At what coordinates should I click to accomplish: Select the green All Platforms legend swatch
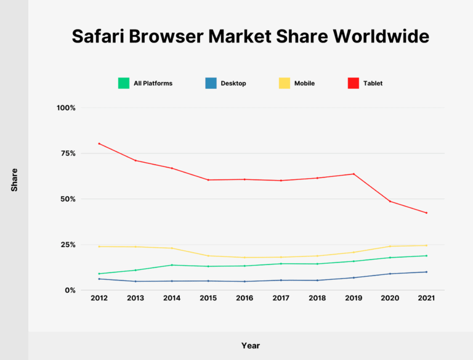pos(124,83)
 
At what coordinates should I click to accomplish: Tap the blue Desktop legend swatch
pos(211,83)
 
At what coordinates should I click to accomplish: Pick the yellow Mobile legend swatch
pos(285,83)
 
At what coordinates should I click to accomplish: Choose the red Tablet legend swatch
pos(354,83)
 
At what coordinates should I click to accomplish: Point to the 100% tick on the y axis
pos(66,108)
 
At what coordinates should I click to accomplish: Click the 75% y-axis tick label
pos(68,153)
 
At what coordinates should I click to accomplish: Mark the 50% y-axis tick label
pos(68,199)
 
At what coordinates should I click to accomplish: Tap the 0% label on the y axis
pos(70,290)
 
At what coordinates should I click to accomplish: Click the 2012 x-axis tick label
pos(99,298)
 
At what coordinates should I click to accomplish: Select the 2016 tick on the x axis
pos(245,298)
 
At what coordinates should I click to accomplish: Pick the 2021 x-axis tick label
pos(426,298)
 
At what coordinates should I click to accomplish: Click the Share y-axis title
pos(14,179)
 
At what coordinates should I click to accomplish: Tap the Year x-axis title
pos(251,346)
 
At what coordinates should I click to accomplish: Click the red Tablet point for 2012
pos(99,144)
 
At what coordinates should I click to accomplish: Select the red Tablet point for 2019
pos(354,174)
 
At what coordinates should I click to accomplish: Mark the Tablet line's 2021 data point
pos(426,213)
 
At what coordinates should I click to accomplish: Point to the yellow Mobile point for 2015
pos(208,256)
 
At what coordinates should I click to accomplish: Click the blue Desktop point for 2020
pos(390,274)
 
